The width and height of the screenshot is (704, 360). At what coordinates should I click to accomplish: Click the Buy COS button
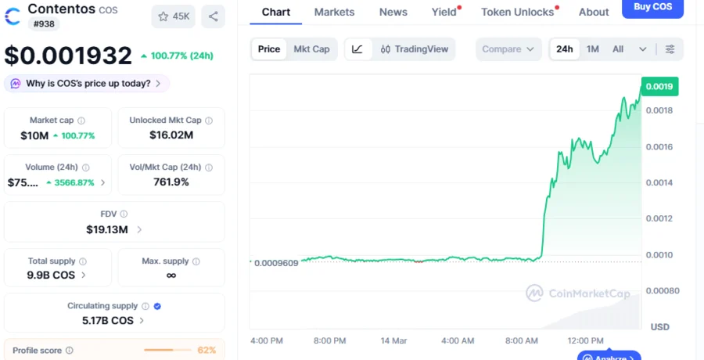pyautogui.click(x=652, y=7)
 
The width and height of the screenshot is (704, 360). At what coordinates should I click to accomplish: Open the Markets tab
pyautogui.click(x=334, y=12)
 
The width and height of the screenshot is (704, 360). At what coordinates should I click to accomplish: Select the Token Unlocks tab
pyautogui.click(x=517, y=12)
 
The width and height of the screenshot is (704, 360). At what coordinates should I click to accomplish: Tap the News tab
pyautogui.click(x=393, y=12)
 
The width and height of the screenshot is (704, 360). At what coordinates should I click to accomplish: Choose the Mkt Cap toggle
pyautogui.click(x=311, y=49)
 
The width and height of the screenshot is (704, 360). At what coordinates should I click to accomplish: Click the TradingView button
pyautogui.click(x=415, y=49)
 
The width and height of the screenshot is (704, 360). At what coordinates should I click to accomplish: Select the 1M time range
pyautogui.click(x=592, y=49)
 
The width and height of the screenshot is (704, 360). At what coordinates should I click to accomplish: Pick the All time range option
pyautogui.click(x=618, y=49)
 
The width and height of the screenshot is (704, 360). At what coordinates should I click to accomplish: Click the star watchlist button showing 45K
pyautogui.click(x=174, y=16)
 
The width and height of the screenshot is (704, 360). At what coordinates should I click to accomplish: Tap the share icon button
pyautogui.click(x=213, y=16)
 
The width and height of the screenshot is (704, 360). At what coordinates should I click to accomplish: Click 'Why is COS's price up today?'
pyautogui.click(x=87, y=83)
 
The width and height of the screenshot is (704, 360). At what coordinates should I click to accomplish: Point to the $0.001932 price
pyautogui.click(x=68, y=56)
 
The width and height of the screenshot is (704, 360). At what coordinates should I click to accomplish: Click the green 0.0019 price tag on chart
pyautogui.click(x=659, y=86)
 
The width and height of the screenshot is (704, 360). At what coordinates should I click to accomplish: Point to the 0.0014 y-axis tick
pyautogui.click(x=658, y=182)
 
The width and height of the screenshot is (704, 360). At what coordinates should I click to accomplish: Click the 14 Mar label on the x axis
pyautogui.click(x=393, y=340)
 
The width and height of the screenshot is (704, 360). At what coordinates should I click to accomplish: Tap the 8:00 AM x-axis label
pyautogui.click(x=522, y=340)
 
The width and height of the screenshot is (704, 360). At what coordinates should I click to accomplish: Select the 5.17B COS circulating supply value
pyautogui.click(x=108, y=320)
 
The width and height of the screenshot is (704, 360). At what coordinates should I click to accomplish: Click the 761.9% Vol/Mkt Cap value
pyautogui.click(x=171, y=182)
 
